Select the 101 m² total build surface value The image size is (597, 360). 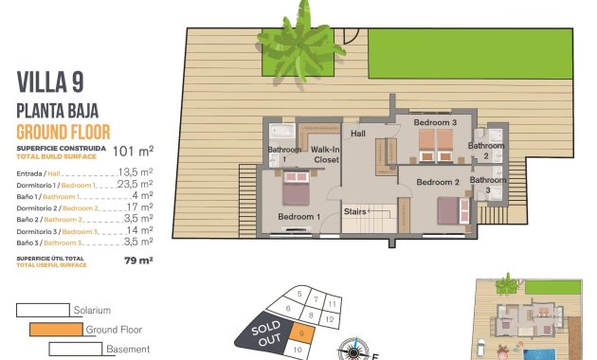tap(133, 150)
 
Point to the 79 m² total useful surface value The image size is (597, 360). tap(139, 259)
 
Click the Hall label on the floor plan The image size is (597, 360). tap(357, 134)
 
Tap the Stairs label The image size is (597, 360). tap(354, 211)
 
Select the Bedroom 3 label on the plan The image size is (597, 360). tap(440, 122)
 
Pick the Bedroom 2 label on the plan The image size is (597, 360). tap(438, 182)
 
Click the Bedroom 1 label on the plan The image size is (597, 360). tap(298, 217)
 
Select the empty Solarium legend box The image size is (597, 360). tap(42, 310)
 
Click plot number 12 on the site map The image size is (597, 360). tap(329, 321)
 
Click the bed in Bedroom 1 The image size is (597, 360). tap(296, 193)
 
